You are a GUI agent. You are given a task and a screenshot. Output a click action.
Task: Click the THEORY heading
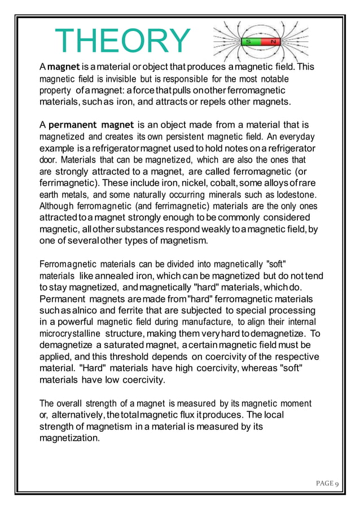tap(122, 41)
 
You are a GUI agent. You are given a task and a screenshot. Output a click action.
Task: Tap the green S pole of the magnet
tap(248, 42)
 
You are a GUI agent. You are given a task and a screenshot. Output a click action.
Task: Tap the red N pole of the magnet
tap(273, 42)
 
